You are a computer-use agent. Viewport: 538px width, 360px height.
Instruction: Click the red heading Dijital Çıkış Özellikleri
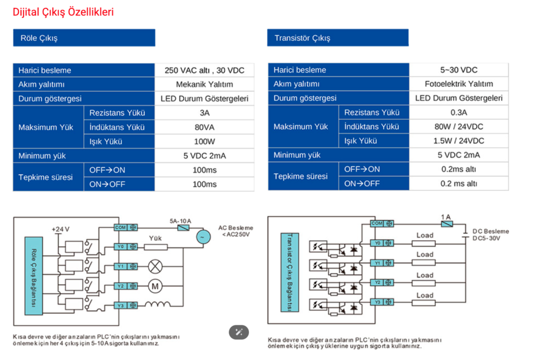(63, 12)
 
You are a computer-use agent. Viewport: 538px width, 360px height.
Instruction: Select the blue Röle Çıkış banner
(84, 38)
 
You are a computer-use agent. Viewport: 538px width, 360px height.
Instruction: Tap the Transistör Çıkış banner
(338, 38)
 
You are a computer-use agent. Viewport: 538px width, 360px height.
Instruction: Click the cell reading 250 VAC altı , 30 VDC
(204, 70)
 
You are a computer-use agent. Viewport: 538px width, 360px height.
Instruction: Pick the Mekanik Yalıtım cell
(204, 85)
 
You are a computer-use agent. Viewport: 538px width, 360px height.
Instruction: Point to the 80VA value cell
(204, 127)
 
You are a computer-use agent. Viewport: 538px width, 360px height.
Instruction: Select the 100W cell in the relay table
(204, 141)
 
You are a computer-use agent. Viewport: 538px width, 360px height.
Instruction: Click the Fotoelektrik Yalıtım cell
(459, 84)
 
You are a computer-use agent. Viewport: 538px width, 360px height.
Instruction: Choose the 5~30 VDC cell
(459, 70)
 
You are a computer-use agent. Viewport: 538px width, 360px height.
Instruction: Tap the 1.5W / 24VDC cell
(459, 141)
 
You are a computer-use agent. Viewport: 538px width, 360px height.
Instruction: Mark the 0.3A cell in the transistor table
(459, 112)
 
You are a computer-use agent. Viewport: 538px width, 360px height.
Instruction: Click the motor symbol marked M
(155, 286)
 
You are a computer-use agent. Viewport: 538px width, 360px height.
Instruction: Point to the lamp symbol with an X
(155, 266)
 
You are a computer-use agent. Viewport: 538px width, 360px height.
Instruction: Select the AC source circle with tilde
(203, 237)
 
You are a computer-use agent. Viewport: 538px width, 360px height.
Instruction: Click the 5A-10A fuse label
(181, 221)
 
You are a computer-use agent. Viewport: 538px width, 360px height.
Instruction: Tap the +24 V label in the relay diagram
(60, 229)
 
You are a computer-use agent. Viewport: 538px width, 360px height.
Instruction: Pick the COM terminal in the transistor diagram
(382, 223)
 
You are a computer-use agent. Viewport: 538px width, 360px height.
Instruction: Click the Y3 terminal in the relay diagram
(126, 305)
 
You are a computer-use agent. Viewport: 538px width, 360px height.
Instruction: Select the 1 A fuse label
(446, 217)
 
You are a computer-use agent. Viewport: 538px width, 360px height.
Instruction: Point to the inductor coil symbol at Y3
(157, 304)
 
